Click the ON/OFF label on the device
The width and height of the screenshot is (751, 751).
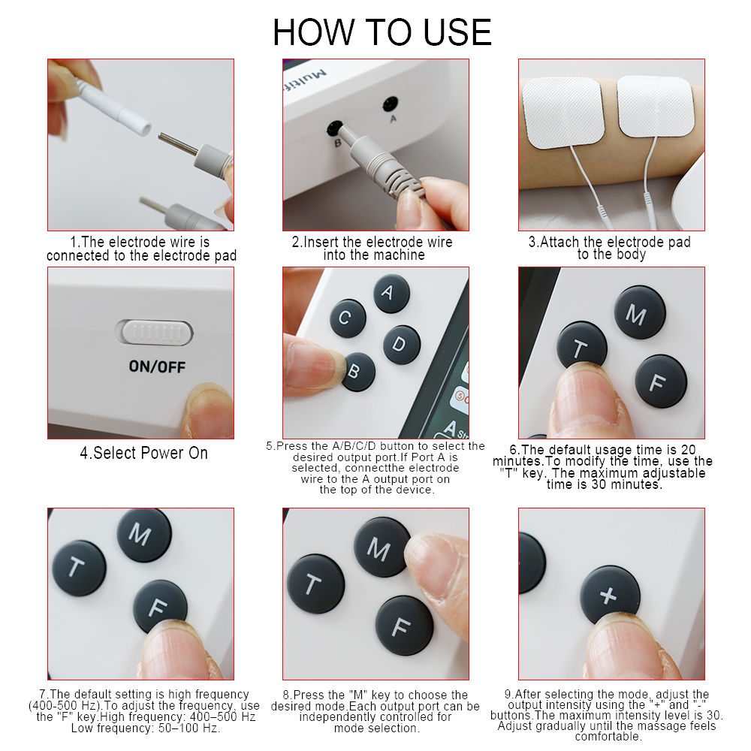157,367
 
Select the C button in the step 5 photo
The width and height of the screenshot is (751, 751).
348,318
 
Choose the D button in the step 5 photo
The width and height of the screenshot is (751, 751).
401,345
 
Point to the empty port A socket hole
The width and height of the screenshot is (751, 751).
391,103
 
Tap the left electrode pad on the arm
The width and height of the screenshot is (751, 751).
562,112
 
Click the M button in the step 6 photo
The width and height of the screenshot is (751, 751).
639,312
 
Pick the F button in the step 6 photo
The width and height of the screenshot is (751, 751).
660,381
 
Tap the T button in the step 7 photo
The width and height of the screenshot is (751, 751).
79,568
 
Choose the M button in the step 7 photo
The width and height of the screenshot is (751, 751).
143,535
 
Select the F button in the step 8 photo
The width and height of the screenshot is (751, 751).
404,626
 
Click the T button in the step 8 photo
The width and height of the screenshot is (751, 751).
315,584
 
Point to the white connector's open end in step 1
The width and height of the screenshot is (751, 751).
145,129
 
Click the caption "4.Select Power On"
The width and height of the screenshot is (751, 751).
143,453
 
